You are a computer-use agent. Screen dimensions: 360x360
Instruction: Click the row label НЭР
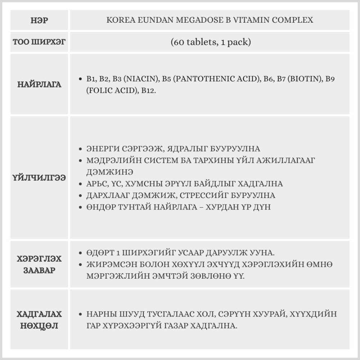(x=40, y=20)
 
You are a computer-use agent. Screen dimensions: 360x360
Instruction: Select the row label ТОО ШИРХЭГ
(x=40, y=42)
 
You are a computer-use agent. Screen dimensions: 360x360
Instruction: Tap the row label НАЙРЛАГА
(x=40, y=85)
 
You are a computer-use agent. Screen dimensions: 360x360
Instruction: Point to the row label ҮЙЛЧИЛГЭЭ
(x=40, y=178)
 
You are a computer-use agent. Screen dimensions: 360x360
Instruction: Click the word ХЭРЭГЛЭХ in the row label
(x=40, y=259)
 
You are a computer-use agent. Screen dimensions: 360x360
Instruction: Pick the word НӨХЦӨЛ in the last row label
(x=40, y=326)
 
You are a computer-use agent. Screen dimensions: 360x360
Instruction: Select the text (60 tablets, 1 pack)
(x=211, y=42)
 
